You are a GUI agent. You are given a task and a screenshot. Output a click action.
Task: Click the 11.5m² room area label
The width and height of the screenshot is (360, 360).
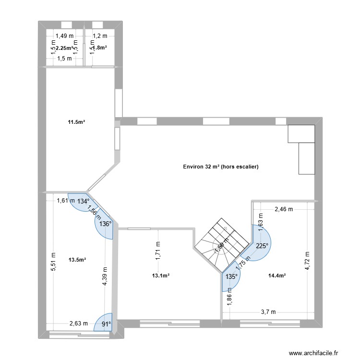pyautogui.click(x=76, y=122)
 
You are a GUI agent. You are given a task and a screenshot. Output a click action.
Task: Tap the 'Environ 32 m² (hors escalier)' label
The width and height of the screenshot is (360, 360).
pyautogui.click(x=221, y=167)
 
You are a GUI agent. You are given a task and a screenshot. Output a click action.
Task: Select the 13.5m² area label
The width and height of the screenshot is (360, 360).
pyautogui.click(x=77, y=260)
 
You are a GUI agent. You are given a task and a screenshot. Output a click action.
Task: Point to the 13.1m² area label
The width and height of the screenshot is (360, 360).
pyautogui.click(x=161, y=276)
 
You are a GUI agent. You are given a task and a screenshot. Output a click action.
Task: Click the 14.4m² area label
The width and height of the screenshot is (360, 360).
pyautogui.click(x=277, y=276)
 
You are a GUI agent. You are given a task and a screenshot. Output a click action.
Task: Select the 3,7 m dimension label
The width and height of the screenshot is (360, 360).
pyautogui.click(x=268, y=312)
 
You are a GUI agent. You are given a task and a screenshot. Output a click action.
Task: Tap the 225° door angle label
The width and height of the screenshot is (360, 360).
pyautogui.click(x=262, y=246)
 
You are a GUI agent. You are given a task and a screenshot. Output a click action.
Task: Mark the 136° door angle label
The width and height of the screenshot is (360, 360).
pyautogui.click(x=105, y=224)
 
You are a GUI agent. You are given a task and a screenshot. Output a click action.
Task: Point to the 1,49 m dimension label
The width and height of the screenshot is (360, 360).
pyautogui.click(x=64, y=36)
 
